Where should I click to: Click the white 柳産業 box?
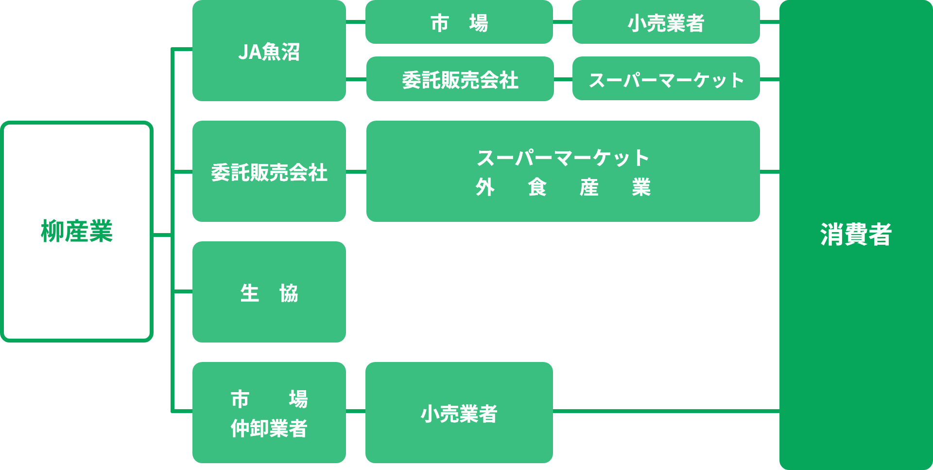pyautogui.click(x=77, y=232)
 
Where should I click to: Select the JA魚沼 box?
pyautogui.click(x=269, y=51)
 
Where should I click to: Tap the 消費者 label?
pyautogui.click(x=856, y=235)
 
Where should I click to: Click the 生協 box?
pyautogui.click(x=269, y=292)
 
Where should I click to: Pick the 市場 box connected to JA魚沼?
pyautogui.click(x=459, y=22)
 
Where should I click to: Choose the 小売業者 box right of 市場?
pyautogui.click(x=666, y=22)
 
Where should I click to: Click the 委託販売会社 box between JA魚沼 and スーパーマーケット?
pyautogui.click(x=460, y=79)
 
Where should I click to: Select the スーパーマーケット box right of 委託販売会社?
pyautogui.click(x=666, y=79)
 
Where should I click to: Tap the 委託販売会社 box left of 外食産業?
pyautogui.click(x=269, y=172)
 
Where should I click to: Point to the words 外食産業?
pyautogui.click(x=563, y=187)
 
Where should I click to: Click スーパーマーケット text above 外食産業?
pyautogui.click(x=563, y=158)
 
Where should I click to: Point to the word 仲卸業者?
pyautogui.click(x=269, y=429)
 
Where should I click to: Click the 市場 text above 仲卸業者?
pyautogui.click(x=269, y=399)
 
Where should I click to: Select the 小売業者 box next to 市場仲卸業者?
pyautogui.click(x=459, y=413)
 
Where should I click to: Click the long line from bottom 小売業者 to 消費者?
pyautogui.click(x=666, y=411)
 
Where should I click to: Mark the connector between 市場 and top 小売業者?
pyautogui.click(x=563, y=22)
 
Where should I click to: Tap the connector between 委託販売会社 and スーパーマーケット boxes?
pyautogui.click(x=563, y=79)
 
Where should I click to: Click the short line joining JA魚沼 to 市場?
pyautogui.click(x=356, y=22)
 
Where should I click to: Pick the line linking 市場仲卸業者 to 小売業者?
pyautogui.click(x=356, y=411)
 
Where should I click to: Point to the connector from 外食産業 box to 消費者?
pyautogui.click(x=770, y=172)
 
